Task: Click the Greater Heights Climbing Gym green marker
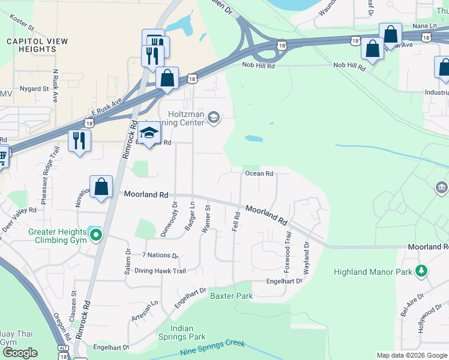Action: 95,235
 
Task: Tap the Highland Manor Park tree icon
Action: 421,271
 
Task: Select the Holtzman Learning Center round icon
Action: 212,118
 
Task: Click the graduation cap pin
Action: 149,134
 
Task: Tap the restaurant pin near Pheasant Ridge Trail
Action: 79,140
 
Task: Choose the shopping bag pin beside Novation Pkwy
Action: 101,187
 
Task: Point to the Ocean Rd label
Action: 259,174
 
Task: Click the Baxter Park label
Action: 231,296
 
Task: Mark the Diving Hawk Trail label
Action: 160,271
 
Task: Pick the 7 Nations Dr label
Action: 160,256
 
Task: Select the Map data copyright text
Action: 412,355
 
